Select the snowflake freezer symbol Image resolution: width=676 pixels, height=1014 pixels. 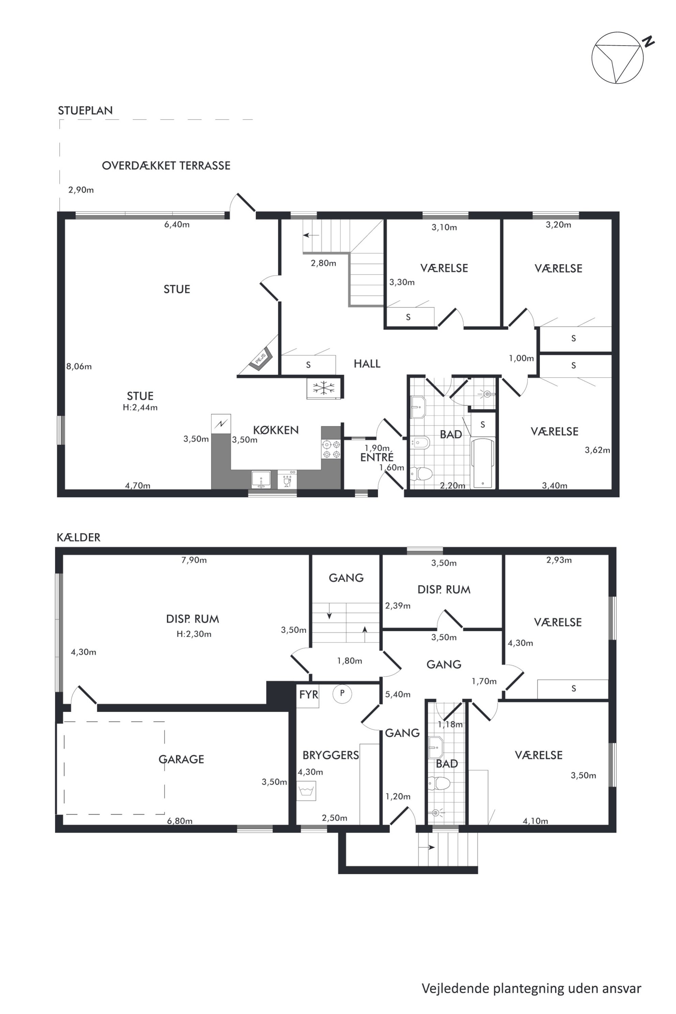click(x=323, y=388)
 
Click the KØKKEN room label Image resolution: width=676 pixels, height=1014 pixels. click(x=276, y=430)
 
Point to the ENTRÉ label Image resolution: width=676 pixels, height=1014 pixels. click(x=377, y=457)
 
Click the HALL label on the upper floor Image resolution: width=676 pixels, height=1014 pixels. click(x=367, y=364)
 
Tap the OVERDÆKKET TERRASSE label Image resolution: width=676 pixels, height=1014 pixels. click(x=166, y=166)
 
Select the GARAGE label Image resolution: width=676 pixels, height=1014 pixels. click(x=181, y=759)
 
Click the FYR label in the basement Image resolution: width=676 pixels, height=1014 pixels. click(x=309, y=694)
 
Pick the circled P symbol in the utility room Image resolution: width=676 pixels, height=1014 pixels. click(x=342, y=694)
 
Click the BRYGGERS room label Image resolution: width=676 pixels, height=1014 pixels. click(x=331, y=755)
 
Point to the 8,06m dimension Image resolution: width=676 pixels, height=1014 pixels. click(x=79, y=367)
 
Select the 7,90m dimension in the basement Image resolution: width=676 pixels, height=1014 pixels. click(x=194, y=560)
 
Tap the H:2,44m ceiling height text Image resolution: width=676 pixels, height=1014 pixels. click(x=140, y=408)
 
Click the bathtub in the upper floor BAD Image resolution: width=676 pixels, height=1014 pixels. click(x=483, y=463)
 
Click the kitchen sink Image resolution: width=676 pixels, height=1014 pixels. click(x=261, y=479)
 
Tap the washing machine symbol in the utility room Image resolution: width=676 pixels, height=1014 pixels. click(x=306, y=791)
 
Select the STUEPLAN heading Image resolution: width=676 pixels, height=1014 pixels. click(x=86, y=110)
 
